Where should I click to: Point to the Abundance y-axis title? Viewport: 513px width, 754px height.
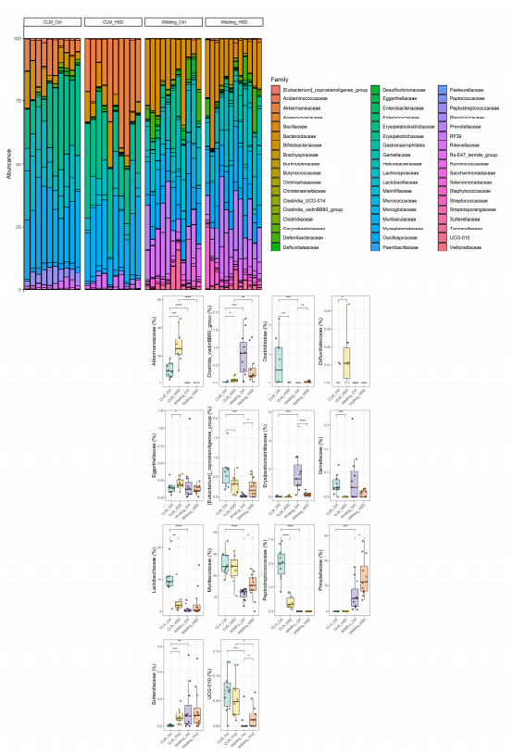[7, 163]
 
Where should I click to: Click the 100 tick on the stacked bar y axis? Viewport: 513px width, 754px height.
[17, 39]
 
